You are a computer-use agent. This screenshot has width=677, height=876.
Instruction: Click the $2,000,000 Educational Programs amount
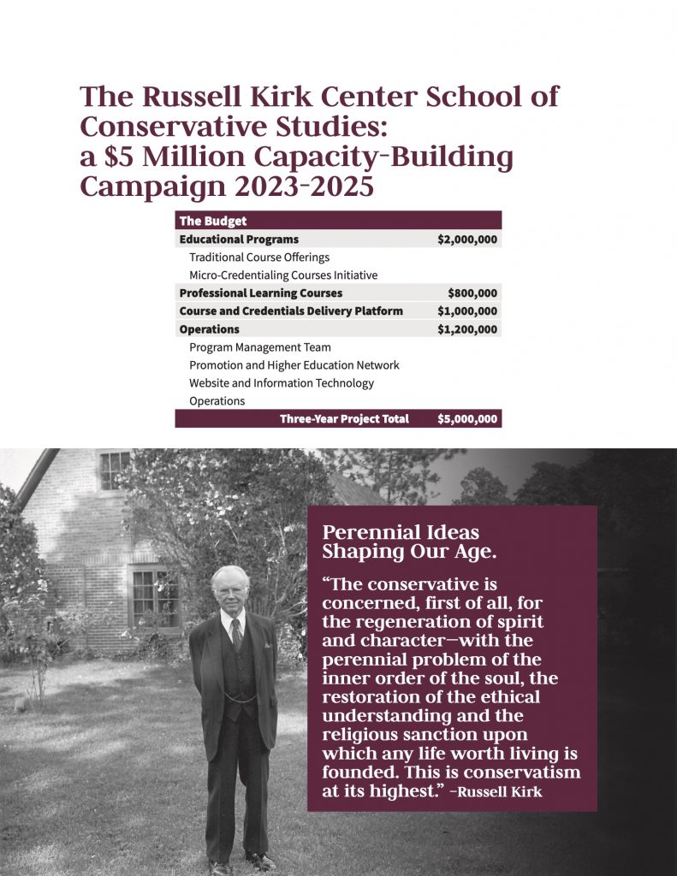click(467, 240)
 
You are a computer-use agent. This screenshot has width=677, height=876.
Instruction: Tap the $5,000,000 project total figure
click(467, 419)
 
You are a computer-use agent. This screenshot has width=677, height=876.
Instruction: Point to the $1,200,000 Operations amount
click(467, 329)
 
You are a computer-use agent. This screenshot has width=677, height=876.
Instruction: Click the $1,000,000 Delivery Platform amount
click(467, 311)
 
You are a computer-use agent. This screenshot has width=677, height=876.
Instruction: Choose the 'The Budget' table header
click(213, 221)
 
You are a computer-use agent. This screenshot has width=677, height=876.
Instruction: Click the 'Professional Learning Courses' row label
click(261, 293)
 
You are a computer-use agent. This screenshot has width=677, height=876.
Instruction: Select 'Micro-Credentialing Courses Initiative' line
click(283, 275)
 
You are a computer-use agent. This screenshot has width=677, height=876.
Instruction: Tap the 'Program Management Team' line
click(260, 347)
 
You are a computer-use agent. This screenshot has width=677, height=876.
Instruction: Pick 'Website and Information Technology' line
click(282, 383)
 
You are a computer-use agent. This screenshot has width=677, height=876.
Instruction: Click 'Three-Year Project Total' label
click(344, 419)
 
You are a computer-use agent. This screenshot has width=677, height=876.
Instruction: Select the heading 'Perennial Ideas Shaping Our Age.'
click(409, 542)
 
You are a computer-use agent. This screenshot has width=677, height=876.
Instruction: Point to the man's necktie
click(237, 632)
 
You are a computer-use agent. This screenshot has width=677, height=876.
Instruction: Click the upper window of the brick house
click(114, 470)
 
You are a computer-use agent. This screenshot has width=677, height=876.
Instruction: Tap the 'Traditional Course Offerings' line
click(259, 257)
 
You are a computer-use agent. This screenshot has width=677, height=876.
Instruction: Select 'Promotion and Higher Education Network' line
click(294, 365)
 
